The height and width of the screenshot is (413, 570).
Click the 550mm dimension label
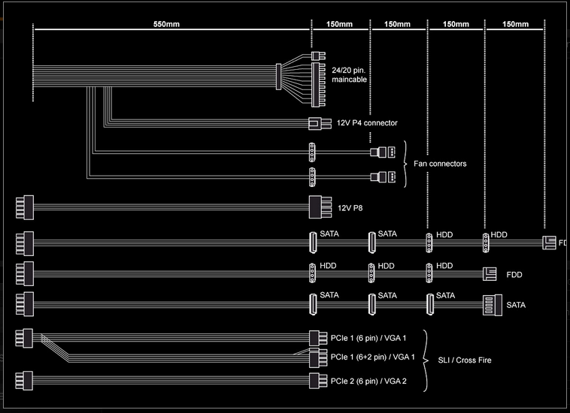point(167,24)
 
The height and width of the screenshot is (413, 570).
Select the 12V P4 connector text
point(367,122)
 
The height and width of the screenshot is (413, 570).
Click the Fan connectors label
point(440,164)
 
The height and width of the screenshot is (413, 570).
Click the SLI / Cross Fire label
point(465,360)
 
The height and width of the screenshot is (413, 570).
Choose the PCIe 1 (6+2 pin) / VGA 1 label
point(374,356)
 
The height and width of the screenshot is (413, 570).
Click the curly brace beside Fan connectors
point(407,164)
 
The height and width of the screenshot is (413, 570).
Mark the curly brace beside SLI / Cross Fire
point(427,360)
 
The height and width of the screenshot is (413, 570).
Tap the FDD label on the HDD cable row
point(514,275)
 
